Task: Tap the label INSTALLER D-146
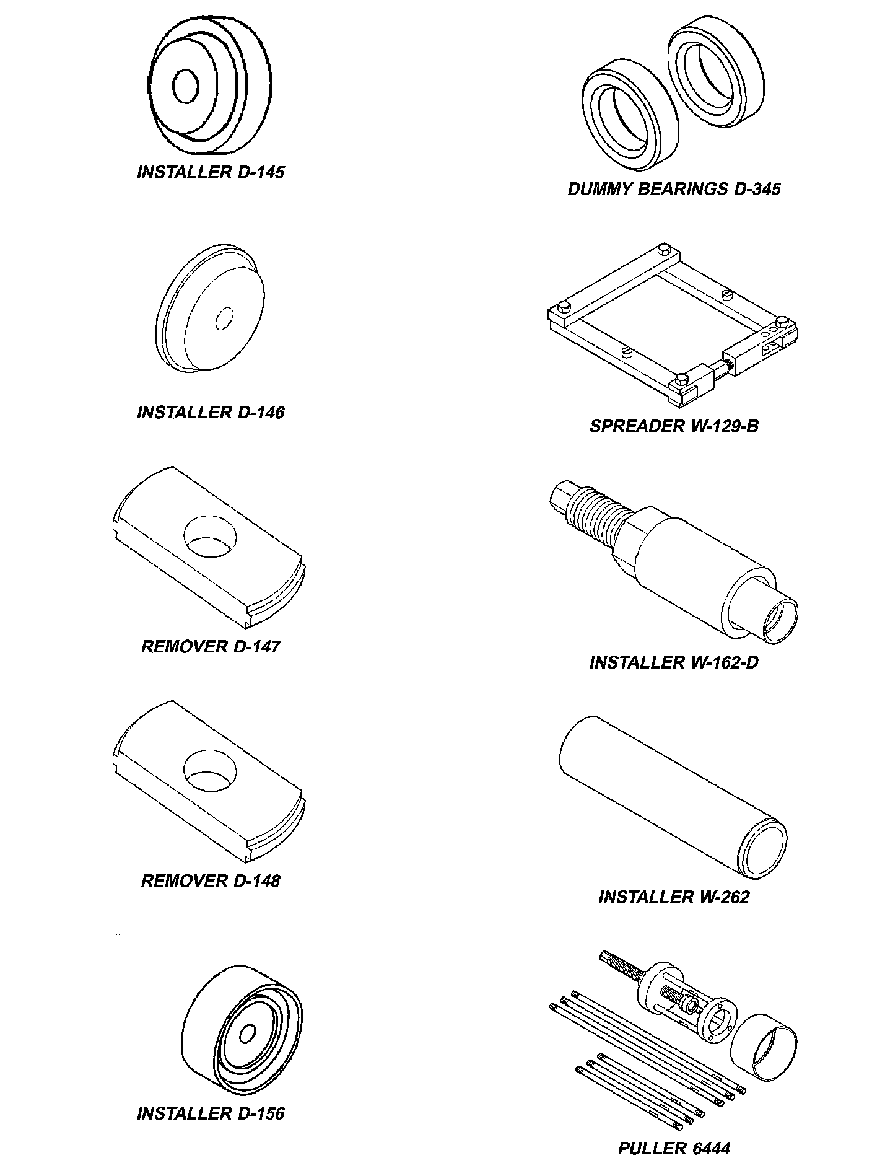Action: pos(211,413)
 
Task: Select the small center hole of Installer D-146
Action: pos(224,318)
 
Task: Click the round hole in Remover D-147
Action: pos(211,536)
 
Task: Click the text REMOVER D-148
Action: pos(211,880)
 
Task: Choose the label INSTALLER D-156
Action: pos(211,1113)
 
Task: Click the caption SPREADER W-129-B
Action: pos(674,426)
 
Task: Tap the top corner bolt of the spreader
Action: pos(665,249)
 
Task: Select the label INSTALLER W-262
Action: pos(674,897)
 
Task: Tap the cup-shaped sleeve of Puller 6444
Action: pos(763,1050)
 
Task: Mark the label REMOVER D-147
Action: pos(211,647)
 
